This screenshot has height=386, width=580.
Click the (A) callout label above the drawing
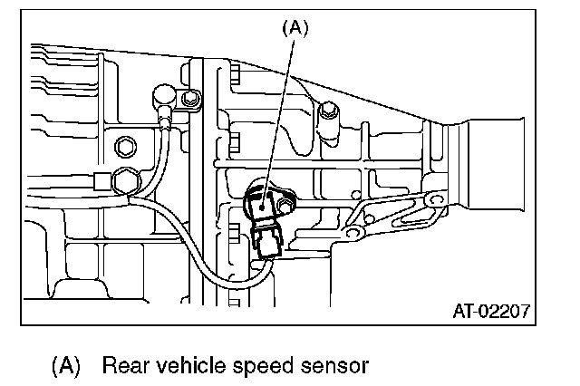295,28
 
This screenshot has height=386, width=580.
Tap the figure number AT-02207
492,313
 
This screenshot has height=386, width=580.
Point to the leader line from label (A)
281,109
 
